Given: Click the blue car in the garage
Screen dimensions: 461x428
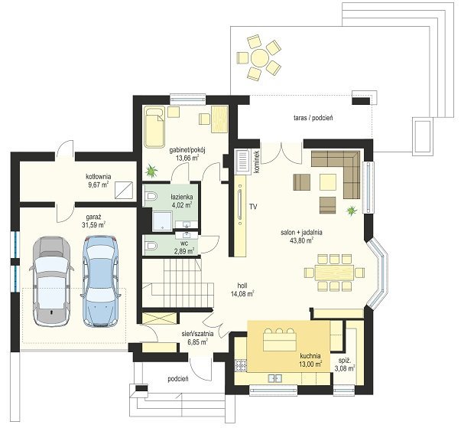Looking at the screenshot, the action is tap(101, 281).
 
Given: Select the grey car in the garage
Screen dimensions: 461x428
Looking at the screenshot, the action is tap(51, 281).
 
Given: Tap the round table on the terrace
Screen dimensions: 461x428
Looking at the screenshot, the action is tap(259, 57).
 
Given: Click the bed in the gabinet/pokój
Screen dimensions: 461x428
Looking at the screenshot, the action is tap(154, 128).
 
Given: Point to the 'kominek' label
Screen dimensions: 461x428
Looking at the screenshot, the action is tap(255, 162).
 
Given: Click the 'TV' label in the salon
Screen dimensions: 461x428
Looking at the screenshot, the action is tap(253, 207).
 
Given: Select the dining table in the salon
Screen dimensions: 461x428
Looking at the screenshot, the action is tap(334, 273).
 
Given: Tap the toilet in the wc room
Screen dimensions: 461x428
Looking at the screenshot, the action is tap(151, 245).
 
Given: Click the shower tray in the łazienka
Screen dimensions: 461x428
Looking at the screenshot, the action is tap(162, 221).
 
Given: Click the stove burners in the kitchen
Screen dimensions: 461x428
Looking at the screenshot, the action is tap(241, 365).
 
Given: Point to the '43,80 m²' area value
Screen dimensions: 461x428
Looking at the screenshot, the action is tap(301, 240).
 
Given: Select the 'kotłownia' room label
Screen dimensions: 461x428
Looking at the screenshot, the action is tap(98, 177).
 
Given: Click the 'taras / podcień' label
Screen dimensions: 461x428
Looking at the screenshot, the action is tap(313, 118).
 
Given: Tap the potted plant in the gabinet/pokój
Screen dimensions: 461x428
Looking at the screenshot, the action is tap(151, 171).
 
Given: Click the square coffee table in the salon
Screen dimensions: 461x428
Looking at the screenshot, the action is tap(328, 182).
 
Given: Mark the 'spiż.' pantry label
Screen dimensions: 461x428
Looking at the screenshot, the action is tap(344, 361).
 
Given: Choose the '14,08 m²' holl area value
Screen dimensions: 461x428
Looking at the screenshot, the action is tap(243, 293).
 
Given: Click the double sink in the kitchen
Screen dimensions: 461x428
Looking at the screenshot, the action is tap(275, 378).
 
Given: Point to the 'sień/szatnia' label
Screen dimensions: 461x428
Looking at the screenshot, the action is tap(197, 334).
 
